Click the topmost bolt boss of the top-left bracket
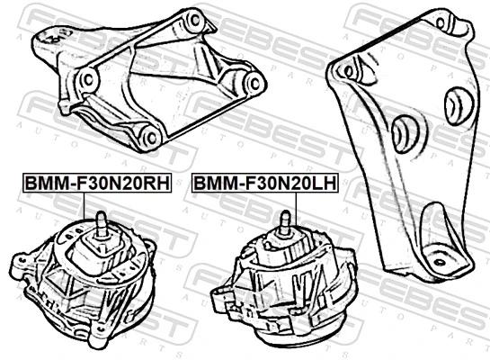(192, 19)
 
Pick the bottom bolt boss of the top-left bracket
(150, 137)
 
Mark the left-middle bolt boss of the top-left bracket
(88, 80)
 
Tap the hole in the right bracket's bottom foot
(440, 262)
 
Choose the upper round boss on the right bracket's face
(459, 104)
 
